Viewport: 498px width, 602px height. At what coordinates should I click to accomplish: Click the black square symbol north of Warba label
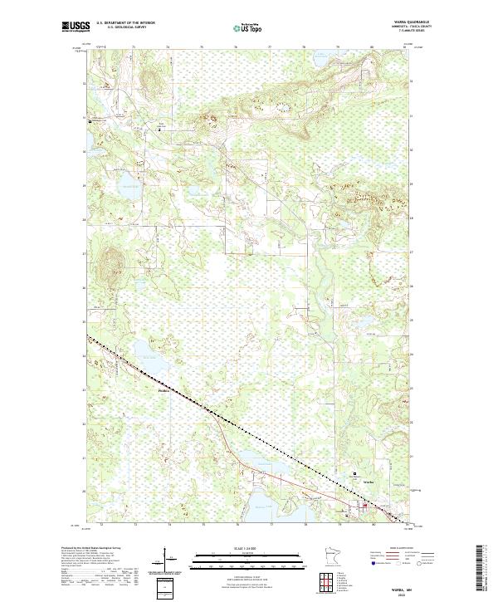click(x=355, y=476)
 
